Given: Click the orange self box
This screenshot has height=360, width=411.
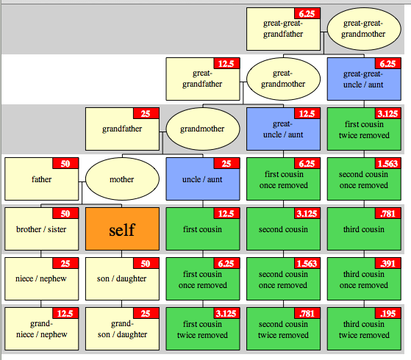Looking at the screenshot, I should (x=122, y=229).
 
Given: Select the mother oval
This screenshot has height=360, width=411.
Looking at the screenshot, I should (x=122, y=179).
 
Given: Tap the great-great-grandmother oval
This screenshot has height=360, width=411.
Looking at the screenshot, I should (x=363, y=29).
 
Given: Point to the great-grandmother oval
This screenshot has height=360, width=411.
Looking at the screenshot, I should (x=283, y=79).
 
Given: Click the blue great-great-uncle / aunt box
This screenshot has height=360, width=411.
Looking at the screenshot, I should (x=363, y=79).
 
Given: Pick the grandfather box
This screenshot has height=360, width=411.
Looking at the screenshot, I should (x=121, y=129).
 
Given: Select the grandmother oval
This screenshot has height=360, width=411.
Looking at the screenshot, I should (x=203, y=129).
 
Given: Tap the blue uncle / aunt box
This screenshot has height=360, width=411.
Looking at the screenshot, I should (x=203, y=179).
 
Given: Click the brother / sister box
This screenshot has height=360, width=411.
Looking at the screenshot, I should (x=41, y=229).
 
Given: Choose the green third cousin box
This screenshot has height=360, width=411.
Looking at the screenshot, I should (x=363, y=229).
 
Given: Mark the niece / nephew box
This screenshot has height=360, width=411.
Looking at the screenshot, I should (x=41, y=279).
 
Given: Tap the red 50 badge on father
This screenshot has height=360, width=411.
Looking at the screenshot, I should (x=65, y=163).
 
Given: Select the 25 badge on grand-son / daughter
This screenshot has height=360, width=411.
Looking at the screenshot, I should (x=146, y=314).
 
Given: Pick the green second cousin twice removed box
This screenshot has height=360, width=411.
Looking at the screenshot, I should (x=283, y=329).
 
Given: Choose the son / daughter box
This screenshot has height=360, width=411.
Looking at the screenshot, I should (x=122, y=279).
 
